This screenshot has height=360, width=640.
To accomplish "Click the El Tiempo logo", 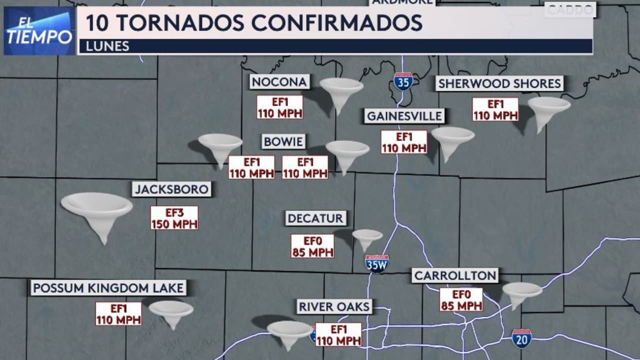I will (39, 30).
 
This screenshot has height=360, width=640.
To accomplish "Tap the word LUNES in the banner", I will (107, 46).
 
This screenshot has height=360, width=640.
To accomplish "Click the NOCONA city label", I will (279, 82).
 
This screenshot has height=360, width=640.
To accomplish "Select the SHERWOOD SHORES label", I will (499, 83).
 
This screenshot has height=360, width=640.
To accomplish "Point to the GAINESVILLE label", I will (404, 116).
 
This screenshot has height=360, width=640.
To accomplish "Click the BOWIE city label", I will (283, 141).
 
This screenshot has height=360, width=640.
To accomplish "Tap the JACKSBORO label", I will (171, 189).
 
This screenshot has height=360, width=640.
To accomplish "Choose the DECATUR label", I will (315, 218).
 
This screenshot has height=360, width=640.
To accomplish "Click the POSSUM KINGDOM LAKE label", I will (108, 288).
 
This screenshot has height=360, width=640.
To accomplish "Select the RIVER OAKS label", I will (334, 306).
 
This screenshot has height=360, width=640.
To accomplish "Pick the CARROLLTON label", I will (455, 275).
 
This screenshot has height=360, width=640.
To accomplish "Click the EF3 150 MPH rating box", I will (174, 218).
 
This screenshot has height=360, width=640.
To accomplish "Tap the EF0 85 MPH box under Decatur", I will (312, 246).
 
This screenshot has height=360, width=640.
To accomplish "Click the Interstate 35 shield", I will (403, 81).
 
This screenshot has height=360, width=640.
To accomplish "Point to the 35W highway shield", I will (376, 263).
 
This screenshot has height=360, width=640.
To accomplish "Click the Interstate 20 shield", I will (521, 338).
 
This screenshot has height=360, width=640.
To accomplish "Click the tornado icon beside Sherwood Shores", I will (548, 111).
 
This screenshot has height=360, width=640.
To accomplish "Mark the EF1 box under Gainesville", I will (404, 142).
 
